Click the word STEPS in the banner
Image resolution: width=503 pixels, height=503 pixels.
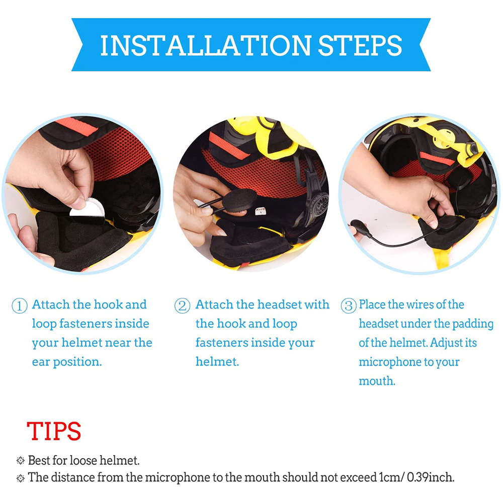pos(360,45)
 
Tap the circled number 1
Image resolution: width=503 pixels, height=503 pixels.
pos(19,306)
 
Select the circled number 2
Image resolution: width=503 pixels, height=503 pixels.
pos(182,306)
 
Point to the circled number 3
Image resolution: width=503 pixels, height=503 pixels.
pos(348,306)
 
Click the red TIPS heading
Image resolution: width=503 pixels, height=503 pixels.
pos(53,432)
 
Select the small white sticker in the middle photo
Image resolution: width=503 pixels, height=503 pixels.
pos(260,211)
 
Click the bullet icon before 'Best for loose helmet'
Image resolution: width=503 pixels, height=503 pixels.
pos(20,460)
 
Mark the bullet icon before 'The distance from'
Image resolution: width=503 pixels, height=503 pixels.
pos(20,477)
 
